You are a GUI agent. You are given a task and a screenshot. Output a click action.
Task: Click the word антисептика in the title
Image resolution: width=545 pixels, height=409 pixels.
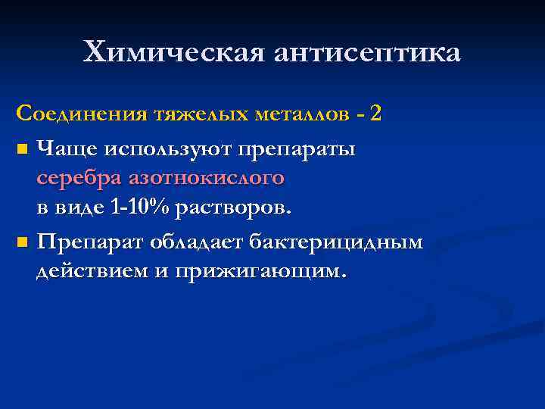[369, 53]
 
